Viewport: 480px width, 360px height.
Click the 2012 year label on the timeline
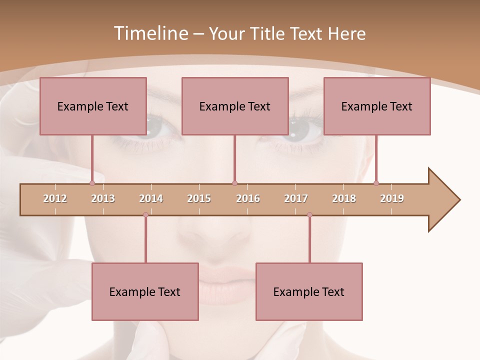pyautogui.click(x=55, y=198)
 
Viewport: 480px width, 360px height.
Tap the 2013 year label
pyautogui.click(x=103, y=198)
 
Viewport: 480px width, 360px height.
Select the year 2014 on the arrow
pyautogui.click(x=151, y=198)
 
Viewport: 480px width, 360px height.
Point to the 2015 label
pyautogui.click(x=199, y=198)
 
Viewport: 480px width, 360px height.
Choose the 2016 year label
pyautogui.click(x=248, y=198)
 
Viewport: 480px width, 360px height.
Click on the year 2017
pyautogui.click(x=296, y=198)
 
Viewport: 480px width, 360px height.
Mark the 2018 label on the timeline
pyautogui.click(x=344, y=198)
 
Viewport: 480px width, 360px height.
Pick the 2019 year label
pyautogui.click(x=392, y=198)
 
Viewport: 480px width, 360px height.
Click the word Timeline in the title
pyautogui.click(x=149, y=33)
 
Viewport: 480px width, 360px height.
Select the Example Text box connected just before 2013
pyautogui.click(x=93, y=106)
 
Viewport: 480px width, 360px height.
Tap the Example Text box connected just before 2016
pyautogui.click(x=235, y=106)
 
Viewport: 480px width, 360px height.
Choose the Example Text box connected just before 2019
pyautogui.click(x=377, y=106)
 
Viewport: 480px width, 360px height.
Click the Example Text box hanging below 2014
pyautogui.click(x=145, y=291)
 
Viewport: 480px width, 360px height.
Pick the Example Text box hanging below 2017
pyautogui.click(x=309, y=291)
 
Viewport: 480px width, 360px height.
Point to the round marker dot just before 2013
pyautogui.click(x=92, y=183)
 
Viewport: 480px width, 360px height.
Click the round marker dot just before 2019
pyautogui.click(x=376, y=183)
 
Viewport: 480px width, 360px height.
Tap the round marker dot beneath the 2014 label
pyautogui.click(x=145, y=215)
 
